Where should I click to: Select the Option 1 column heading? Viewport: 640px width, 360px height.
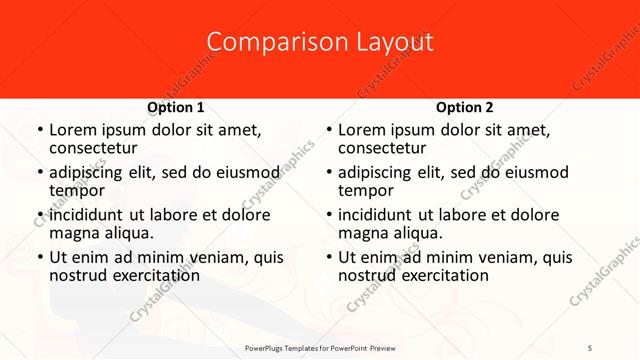175,107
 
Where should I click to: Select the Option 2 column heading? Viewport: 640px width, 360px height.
464,107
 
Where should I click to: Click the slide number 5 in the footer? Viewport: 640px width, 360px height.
590,347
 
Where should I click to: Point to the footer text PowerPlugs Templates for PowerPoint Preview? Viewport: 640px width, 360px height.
320,347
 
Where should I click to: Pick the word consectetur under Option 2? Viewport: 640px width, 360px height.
381,148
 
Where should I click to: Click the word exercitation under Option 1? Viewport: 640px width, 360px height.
151,274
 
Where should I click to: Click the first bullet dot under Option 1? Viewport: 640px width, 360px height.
40,131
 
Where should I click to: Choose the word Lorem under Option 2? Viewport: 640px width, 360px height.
360,130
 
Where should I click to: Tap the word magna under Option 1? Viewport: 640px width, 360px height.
73,232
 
